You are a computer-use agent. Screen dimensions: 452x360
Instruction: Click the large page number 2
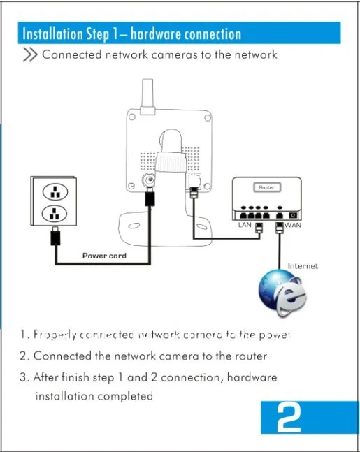point(289,418)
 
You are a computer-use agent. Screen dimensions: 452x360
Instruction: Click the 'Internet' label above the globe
point(303,266)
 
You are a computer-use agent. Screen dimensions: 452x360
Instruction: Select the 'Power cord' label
point(104,256)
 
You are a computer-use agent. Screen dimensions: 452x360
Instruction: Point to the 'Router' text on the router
point(266,187)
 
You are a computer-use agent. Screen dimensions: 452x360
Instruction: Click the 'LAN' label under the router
point(245,225)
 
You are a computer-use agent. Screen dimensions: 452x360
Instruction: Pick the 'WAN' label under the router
point(293,225)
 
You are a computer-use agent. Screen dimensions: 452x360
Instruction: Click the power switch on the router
point(293,210)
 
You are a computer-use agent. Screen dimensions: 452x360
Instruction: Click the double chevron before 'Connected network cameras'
point(30,55)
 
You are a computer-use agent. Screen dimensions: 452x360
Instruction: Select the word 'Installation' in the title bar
point(52,34)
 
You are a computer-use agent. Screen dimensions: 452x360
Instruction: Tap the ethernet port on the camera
point(194,183)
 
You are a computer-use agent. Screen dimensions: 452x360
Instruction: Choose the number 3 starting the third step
point(23,377)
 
